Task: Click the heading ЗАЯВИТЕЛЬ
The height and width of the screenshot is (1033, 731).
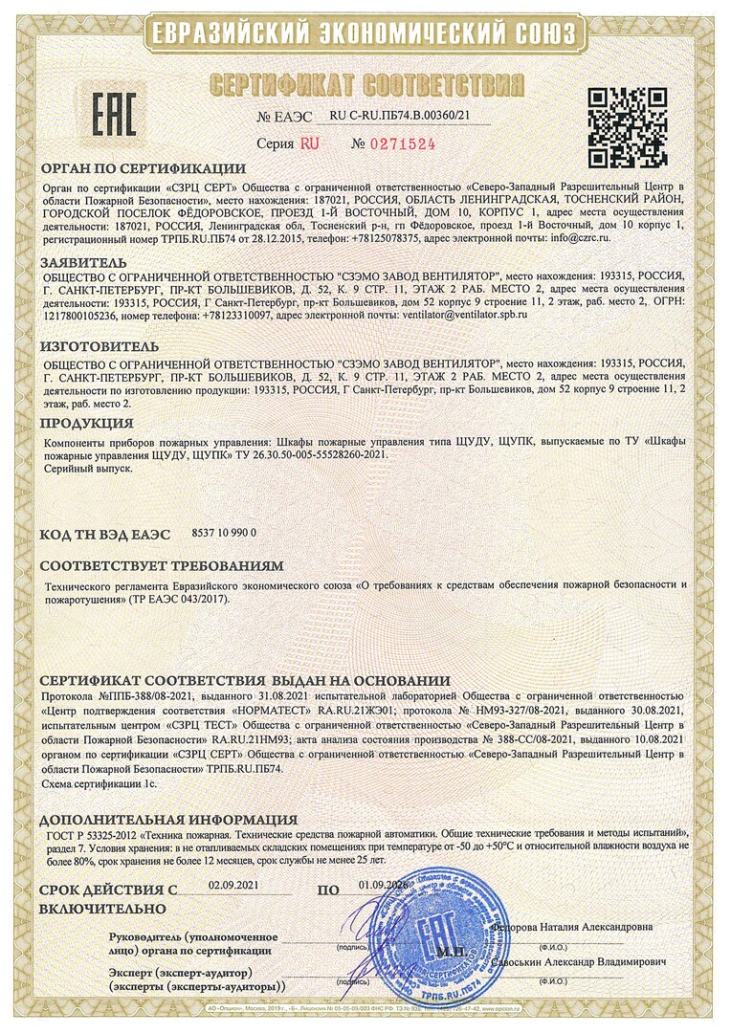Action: click(83, 260)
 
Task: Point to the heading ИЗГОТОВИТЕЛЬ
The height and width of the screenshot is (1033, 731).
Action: click(100, 345)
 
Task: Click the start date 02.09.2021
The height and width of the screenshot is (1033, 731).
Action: click(233, 886)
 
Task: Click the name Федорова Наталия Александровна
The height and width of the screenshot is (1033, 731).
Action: click(571, 927)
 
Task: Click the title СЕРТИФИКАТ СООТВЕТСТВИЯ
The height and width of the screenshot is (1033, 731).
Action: click(366, 82)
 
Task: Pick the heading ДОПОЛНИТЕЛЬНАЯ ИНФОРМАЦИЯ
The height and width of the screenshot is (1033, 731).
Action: click(168, 820)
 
